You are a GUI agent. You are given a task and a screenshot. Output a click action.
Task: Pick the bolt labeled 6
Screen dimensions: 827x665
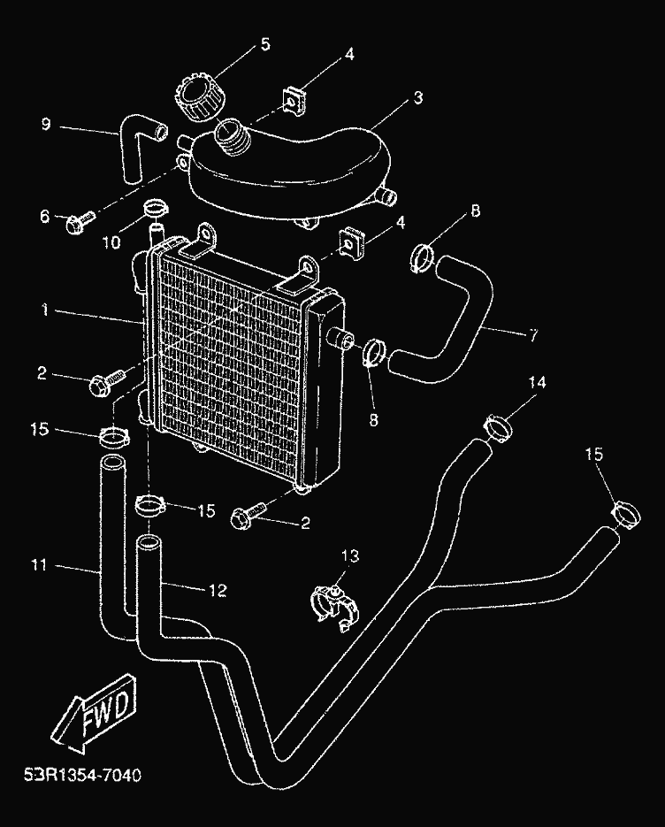[x=77, y=222]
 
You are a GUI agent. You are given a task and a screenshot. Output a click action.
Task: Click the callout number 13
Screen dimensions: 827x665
[x=350, y=555]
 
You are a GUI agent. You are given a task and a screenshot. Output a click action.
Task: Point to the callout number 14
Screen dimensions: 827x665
[x=537, y=383]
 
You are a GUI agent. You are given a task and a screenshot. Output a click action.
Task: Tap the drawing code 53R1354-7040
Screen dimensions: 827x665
[x=80, y=774]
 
